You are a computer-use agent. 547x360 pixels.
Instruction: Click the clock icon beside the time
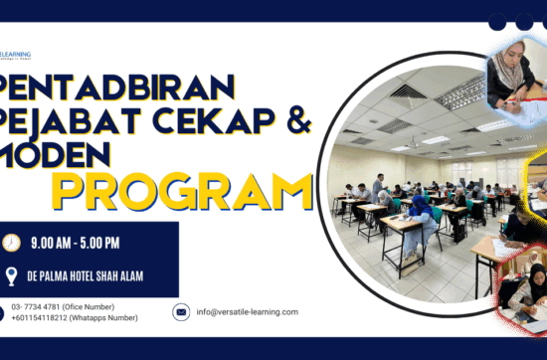pos(12,243)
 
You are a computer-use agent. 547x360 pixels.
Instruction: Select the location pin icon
pos(12,276)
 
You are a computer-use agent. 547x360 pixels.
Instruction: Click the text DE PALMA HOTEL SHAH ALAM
pos(95,277)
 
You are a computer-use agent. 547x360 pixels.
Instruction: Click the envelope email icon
pos(181,312)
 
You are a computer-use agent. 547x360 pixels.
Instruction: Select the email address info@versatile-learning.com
pos(248,312)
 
